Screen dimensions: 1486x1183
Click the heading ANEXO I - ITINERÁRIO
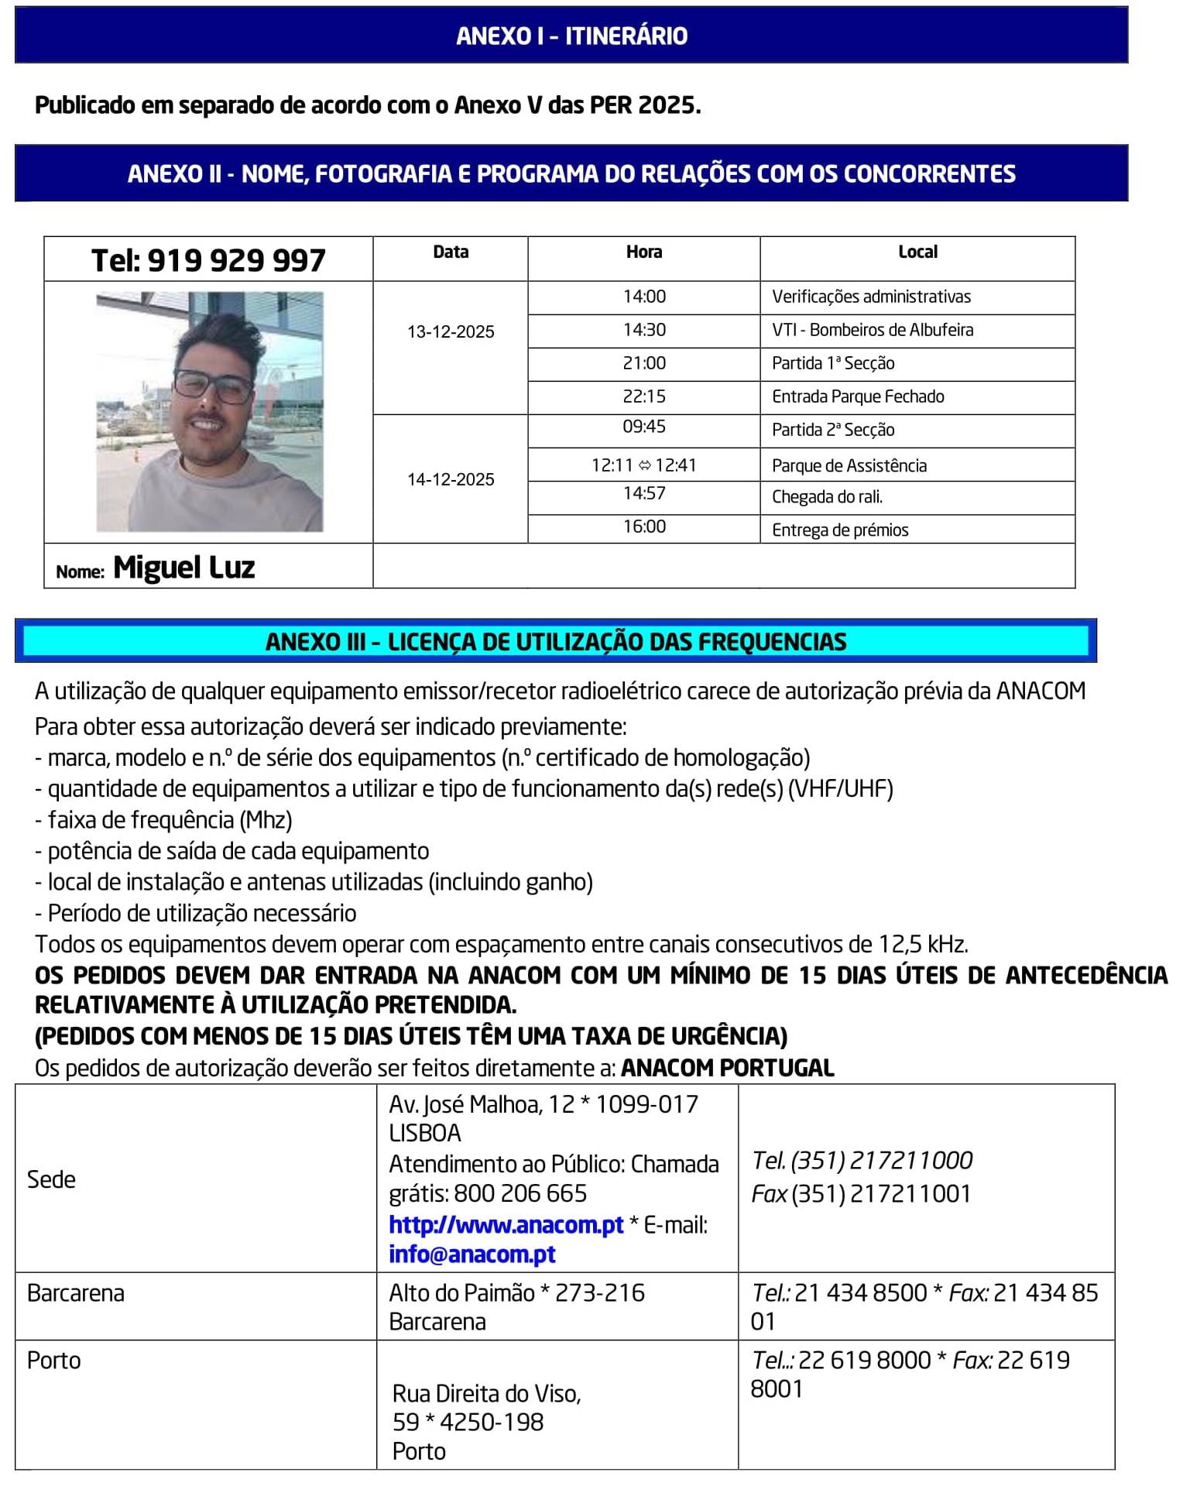click(x=571, y=36)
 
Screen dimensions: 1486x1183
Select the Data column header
click(x=451, y=252)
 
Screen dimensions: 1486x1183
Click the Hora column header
click(x=644, y=252)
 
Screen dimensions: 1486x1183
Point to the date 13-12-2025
click(x=451, y=332)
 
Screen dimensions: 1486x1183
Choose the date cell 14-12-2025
click(x=451, y=480)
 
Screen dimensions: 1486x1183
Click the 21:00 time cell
click(x=644, y=363)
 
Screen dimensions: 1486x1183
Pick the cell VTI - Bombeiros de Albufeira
click(x=873, y=330)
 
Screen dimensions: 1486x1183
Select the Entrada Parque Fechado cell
click(x=858, y=396)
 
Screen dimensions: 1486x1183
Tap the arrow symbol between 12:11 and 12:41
click(x=644, y=465)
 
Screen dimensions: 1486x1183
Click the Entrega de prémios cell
click(x=840, y=530)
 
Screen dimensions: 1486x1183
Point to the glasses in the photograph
click(x=213, y=385)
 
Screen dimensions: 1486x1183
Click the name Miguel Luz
click(x=184, y=568)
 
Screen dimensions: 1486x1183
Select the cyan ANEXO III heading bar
click(x=556, y=641)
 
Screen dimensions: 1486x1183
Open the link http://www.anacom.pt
click(x=506, y=1224)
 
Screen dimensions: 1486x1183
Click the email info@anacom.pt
click(x=472, y=1254)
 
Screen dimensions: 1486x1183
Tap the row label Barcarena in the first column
click(x=76, y=1293)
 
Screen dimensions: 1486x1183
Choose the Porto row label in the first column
click(x=54, y=1361)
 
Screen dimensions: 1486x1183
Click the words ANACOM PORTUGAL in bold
click(x=727, y=1068)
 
